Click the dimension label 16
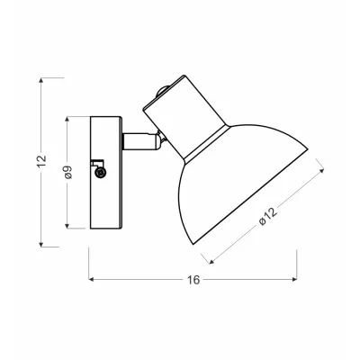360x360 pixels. (x=193, y=280)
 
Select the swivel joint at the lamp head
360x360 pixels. (x=159, y=138)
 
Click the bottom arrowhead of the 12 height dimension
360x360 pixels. (x=42, y=243)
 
